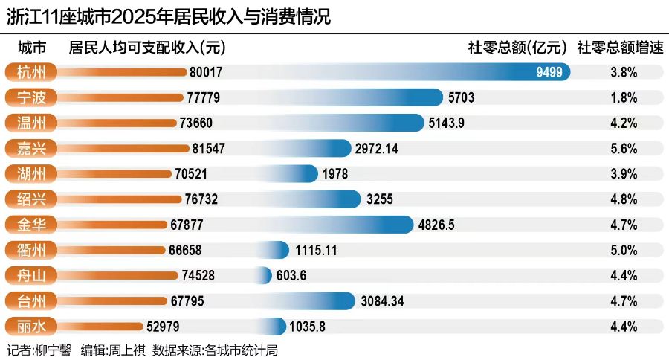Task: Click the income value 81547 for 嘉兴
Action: [207, 148]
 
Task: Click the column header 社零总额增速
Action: [619, 48]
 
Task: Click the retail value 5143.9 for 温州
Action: [450, 123]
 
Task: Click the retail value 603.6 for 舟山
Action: [291, 275]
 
